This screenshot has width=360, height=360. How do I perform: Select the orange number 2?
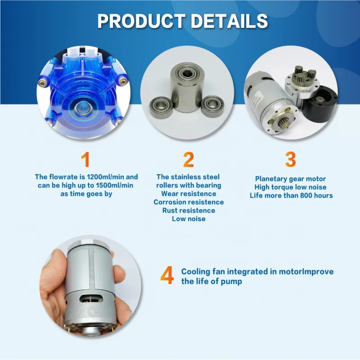(189, 160)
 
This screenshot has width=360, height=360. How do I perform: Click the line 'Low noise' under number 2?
(189, 219)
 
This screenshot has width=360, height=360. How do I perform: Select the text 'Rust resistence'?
(189, 210)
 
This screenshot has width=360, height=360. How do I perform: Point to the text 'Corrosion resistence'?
(189, 202)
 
